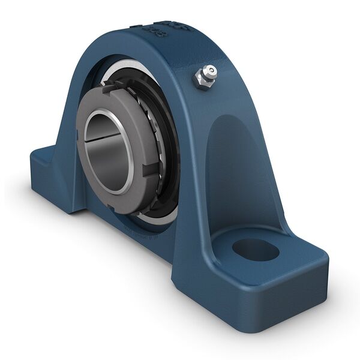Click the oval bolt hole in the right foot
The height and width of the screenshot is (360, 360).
coord(256,249)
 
